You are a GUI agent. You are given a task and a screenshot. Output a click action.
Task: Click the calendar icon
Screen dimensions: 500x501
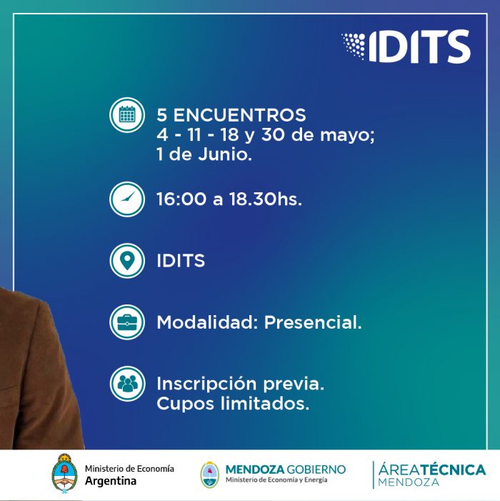(x=127, y=114)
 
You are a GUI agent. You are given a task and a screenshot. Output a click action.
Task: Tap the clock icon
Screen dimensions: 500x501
(x=127, y=199)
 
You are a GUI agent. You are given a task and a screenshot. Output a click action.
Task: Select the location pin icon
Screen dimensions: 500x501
(x=127, y=261)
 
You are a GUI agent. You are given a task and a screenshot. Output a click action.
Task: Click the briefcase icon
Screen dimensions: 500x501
(x=127, y=322)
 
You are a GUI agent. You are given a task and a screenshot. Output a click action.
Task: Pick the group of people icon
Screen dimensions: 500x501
(x=127, y=383)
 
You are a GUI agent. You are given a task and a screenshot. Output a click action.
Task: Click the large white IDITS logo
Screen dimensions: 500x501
(x=406, y=46)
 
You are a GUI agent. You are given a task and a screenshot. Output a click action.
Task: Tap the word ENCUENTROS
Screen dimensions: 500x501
(x=239, y=115)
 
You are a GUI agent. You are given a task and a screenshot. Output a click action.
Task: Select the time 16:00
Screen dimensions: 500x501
(x=181, y=199)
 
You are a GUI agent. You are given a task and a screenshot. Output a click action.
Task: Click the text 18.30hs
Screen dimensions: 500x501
(x=265, y=199)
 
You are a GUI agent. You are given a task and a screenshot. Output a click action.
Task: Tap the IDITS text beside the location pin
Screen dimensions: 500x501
(x=181, y=261)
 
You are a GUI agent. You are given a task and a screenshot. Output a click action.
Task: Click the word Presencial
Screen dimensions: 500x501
(x=313, y=322)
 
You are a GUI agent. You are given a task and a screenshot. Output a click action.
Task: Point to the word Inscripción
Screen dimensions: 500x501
(x=206, y=384)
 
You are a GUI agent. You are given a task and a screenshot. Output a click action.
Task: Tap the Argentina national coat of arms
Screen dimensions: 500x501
(x=64, y=474)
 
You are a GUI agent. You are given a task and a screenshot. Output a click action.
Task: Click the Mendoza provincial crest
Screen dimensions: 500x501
(x=210, y=475)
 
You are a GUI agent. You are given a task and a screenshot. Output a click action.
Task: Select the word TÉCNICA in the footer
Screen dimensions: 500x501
(x=453, y=470)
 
